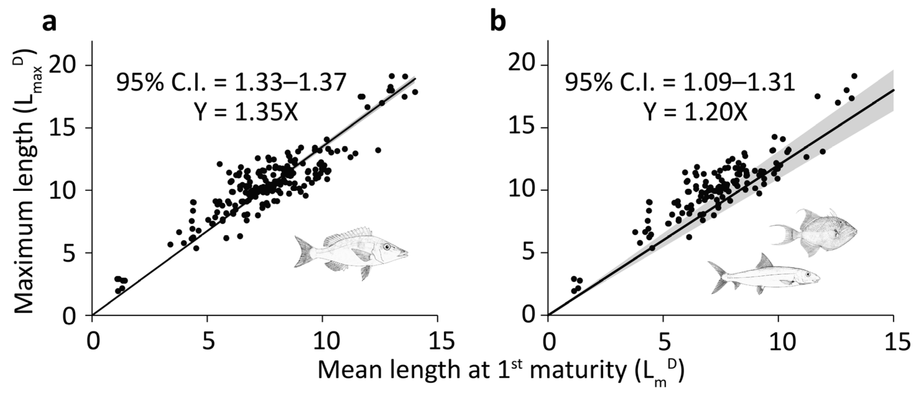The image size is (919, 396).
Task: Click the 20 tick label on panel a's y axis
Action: (x=66, y=66)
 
